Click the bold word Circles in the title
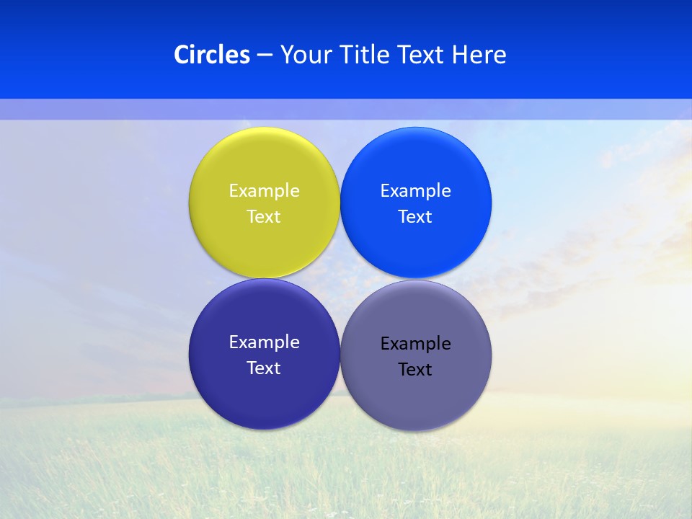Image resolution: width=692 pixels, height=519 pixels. tap(212, 55)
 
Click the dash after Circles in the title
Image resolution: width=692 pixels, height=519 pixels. tap(265, 56)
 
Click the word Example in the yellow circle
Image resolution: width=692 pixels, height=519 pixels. tap(264, 191)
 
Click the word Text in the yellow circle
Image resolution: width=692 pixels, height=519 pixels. tap(264, 217)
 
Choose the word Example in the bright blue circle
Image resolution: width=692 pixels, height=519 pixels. tap(415, 191)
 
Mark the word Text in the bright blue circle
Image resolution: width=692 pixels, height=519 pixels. tap(415, 217)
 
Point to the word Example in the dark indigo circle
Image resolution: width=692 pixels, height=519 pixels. tap(264, 342)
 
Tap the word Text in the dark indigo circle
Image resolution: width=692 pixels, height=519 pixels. tap(264, 368)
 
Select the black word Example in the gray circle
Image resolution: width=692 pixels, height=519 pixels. tap(415, 344)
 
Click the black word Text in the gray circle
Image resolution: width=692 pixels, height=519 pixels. tap(415, 370)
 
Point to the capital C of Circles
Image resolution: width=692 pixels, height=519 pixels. tap(181, 55)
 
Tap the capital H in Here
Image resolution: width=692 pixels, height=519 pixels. tap(460, 55)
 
